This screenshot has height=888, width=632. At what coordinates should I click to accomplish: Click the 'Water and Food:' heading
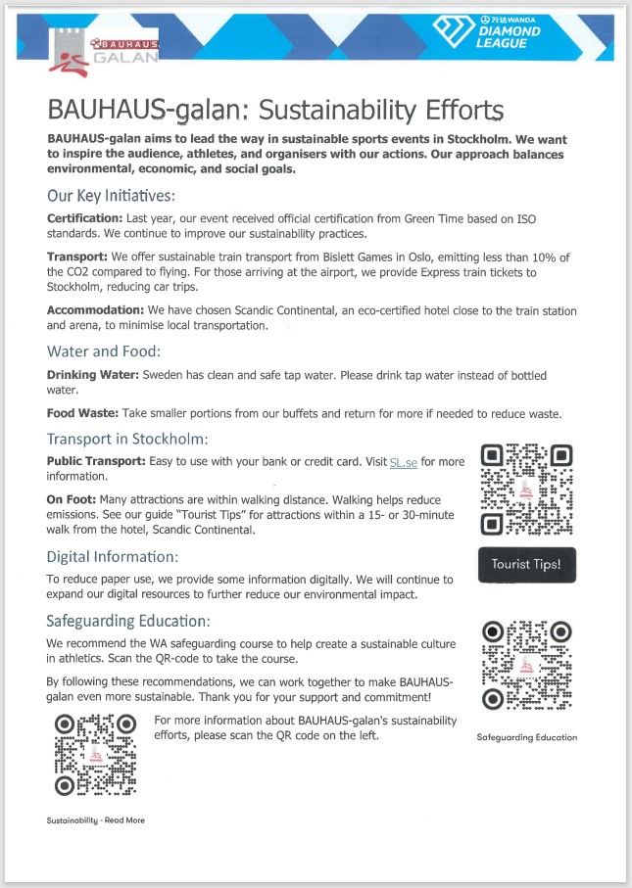pos(104,351)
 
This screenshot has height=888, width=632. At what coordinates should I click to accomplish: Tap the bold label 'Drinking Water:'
pos(93,375)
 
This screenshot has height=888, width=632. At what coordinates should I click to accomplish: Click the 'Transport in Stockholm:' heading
pos(127,440)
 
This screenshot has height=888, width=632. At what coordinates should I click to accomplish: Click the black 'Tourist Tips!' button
pos(527,565)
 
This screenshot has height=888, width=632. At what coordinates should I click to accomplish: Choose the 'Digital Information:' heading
pos(113,557)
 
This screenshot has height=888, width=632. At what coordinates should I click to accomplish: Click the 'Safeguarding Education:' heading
pos(128,621)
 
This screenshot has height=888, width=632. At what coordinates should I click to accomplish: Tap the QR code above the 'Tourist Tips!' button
pos(526,490)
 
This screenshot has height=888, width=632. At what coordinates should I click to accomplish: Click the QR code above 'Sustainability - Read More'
pos(95,755)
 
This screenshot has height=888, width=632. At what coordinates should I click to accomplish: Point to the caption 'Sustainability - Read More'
pos(95,820)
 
